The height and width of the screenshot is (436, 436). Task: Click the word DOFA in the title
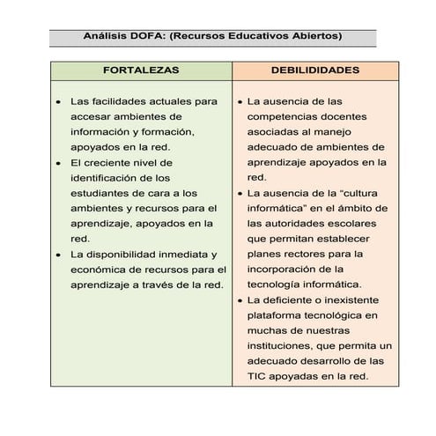point(139,36)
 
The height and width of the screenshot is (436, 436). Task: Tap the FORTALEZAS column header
point(141,70)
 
